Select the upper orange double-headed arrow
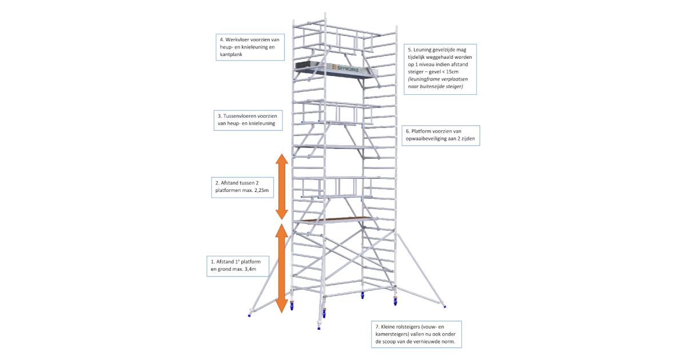[x=281, y=187]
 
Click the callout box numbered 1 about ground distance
[x=237, y=266]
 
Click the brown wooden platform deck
[x=335, y=219]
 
